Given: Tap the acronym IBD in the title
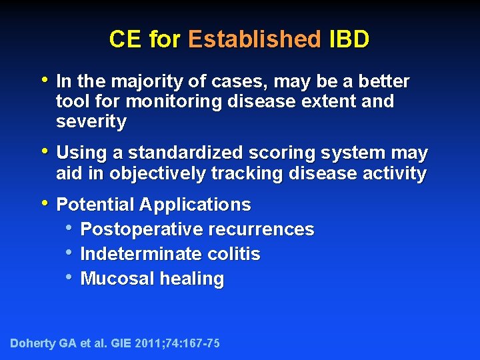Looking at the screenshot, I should click(349, 39).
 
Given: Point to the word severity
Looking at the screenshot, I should click(91, 122).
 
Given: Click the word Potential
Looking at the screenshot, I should click(94, 204).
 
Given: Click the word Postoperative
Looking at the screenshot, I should click(141, 229).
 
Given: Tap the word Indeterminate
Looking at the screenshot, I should click(142, 254).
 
